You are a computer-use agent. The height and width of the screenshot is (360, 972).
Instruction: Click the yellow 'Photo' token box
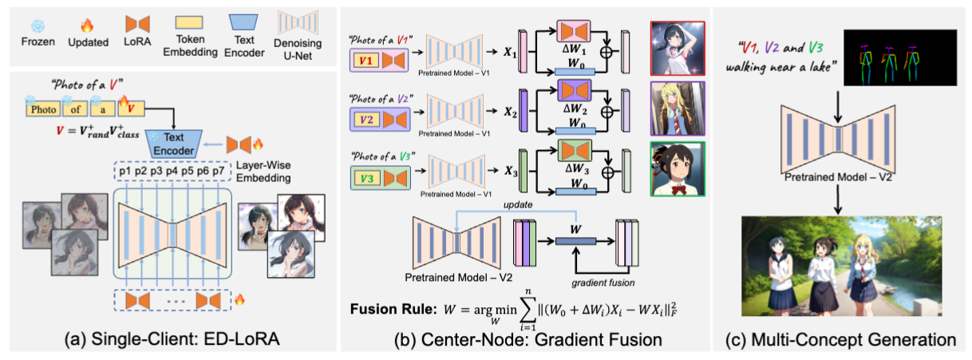(x=45, y=106)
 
